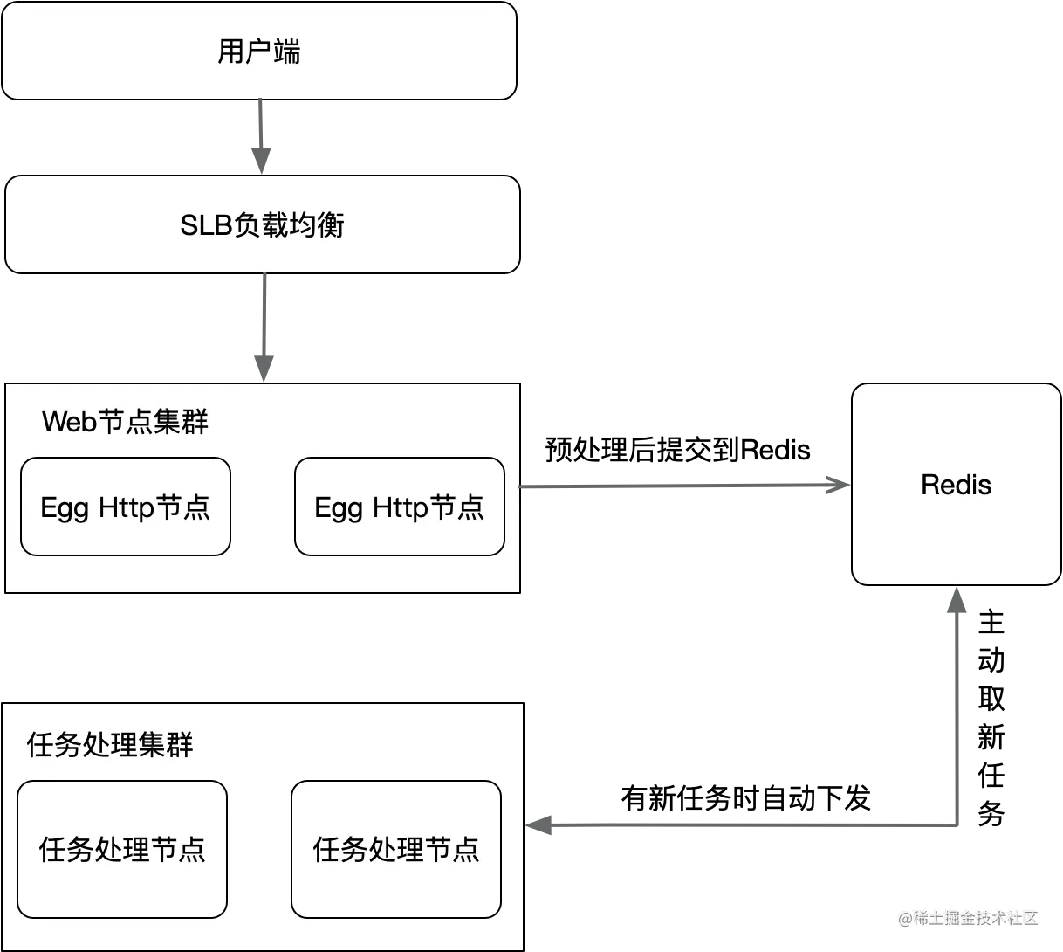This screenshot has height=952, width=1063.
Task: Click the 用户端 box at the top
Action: point(258,51)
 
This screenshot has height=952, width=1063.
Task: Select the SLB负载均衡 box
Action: point(263,224)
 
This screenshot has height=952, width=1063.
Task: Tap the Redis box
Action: point(956,485)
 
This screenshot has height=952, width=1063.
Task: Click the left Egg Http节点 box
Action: point(126,507)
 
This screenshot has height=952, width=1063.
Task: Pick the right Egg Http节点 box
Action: point(400,507)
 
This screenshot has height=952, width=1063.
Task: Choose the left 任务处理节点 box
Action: point(122,849)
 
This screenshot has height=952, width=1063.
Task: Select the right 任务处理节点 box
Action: point(396,849)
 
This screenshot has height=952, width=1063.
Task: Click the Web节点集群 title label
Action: point(125,422)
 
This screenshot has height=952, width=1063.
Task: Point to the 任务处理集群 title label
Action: point(110,745)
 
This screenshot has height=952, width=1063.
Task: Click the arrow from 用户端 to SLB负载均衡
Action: point(261,135)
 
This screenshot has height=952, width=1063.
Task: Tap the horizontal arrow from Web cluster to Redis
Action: point(681,485)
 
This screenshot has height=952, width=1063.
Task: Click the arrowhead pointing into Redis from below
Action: point(957,602)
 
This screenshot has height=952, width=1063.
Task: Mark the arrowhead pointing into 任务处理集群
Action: point(539,824)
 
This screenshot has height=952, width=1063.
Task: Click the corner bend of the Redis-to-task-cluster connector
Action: point(957,823)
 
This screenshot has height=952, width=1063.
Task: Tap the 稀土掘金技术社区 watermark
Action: point(967,917)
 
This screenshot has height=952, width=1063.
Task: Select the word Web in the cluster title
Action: point(68,422)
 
